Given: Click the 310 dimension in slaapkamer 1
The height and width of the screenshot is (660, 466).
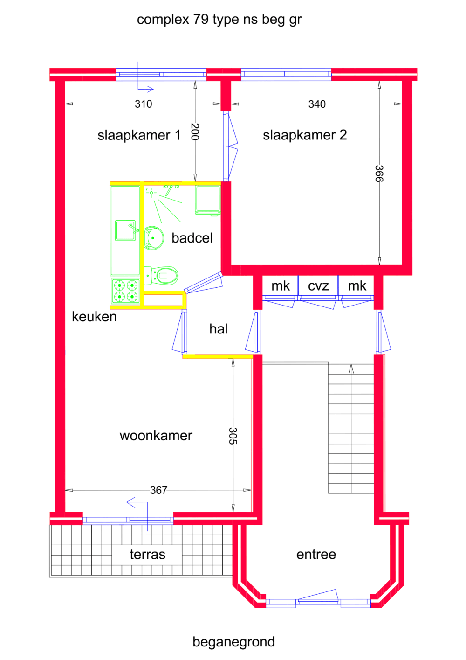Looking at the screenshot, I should pyautogui.click(x=144, y=104).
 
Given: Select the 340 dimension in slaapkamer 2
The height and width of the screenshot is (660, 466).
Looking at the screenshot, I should pyautogui.click(x=317, y=104).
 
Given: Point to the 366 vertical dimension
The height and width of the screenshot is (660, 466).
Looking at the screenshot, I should pyautogui.click(x=379, y=174).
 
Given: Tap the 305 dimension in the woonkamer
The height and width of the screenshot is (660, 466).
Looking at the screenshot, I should pyautogui.click(x=233, y=436).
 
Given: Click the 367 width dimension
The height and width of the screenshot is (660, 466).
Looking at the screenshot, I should pyautogui.click(x=158, y=490).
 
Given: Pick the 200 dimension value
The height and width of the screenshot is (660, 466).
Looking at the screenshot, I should pyautogui.click(x=195, y=132).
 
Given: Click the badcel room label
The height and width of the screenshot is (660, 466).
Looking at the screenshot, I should pyautogui.click(x=192, y=238).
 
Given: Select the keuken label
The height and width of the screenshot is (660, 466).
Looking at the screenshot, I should pyautogui.click(x=94, y=317).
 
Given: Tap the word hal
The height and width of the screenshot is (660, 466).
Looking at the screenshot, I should pyautogui.click(x=218, y=329).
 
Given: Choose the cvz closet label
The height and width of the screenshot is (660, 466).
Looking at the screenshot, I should pyautogui.click(x=318, y=286).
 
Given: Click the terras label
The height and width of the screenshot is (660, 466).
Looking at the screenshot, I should pyautogui.click(x=147, y=555).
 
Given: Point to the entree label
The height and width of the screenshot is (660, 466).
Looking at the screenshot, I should pyautogui.click(x=316, y=554).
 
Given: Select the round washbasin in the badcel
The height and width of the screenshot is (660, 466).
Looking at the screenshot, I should pyautogui.click(x=154, y=238).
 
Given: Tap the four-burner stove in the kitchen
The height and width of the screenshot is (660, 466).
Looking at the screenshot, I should pyautogui.click(x=126, y=291).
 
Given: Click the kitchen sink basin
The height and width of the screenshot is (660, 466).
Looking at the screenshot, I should pyautogui.click(x=125, y=230).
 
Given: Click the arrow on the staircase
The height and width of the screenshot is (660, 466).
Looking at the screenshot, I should pyautogui.click(x=351, y=369).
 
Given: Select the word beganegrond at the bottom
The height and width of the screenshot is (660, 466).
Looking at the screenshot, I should pyautogui.click(x=233, y=642).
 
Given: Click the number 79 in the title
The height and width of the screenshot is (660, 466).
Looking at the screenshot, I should pyautogui.click(x=201, y=20).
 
